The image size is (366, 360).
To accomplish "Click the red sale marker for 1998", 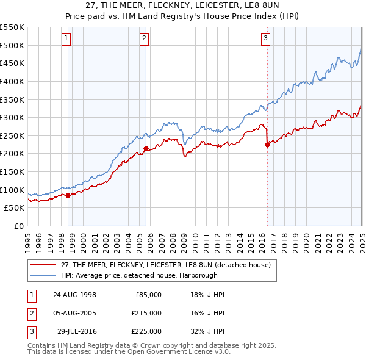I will tap(68, 195).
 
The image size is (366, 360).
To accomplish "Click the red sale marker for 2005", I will tap(146, 148).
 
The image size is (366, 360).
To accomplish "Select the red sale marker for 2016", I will tap(267, 145).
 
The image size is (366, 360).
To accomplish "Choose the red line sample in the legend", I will tap(43, 264).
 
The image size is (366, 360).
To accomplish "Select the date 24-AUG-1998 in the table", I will tap(74, 295).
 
